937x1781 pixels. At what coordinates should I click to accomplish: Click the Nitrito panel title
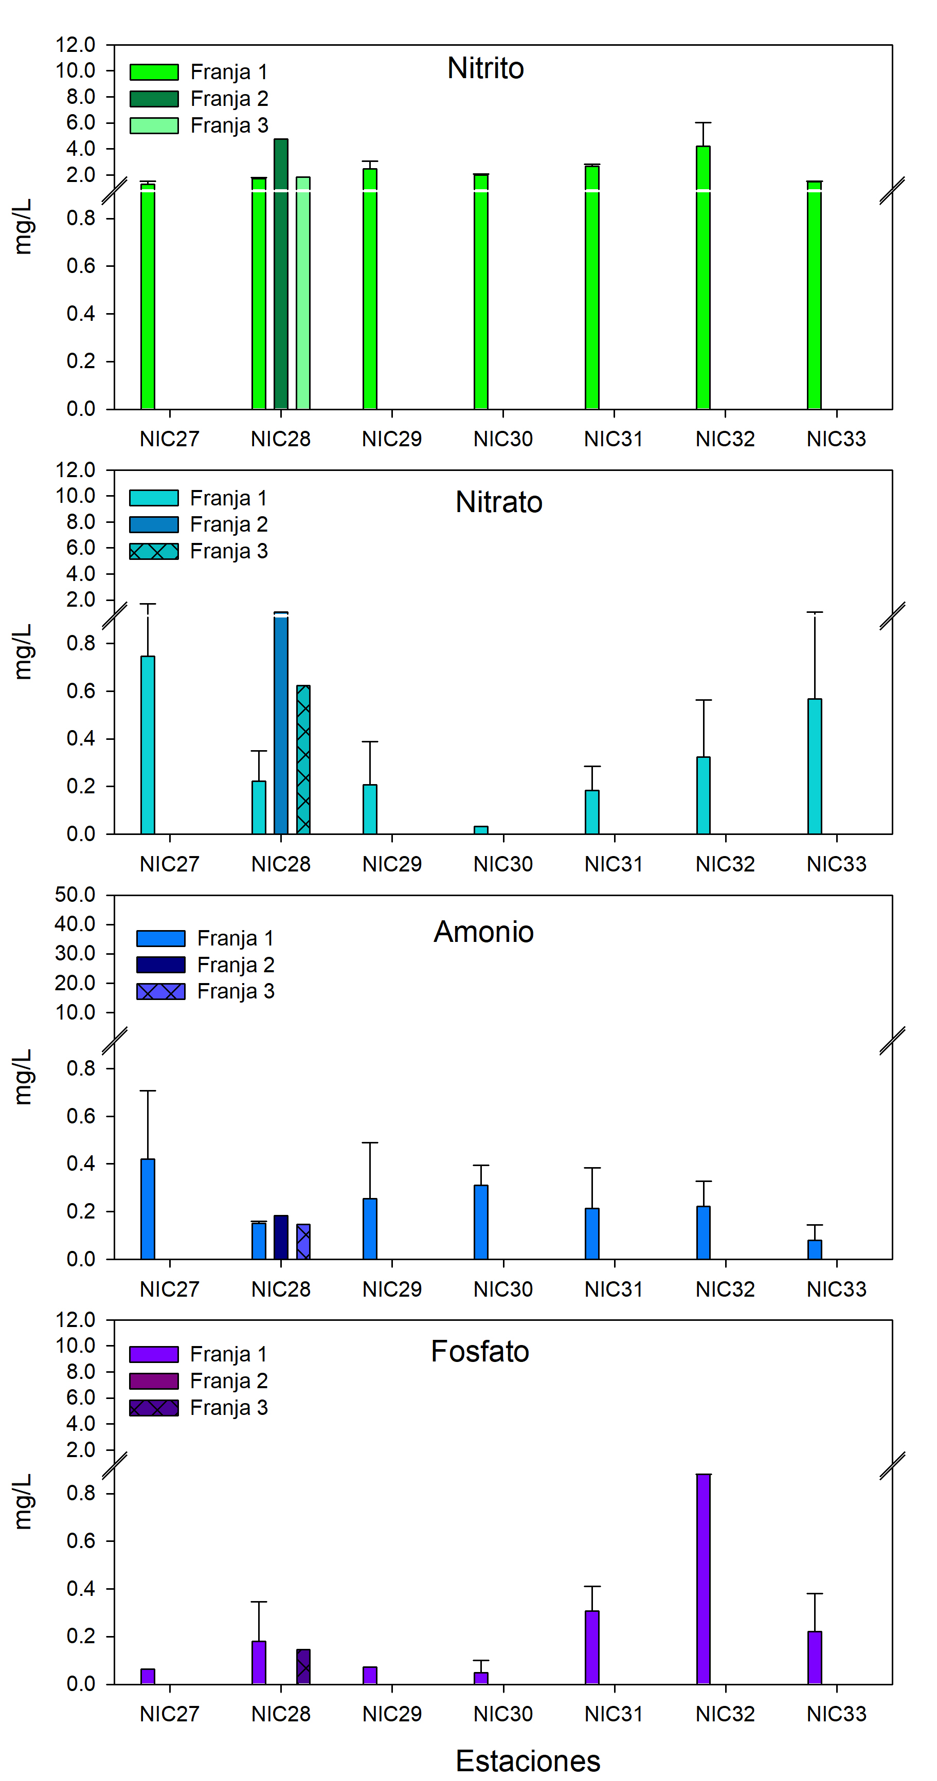pyautogui.click(x=485, y=68)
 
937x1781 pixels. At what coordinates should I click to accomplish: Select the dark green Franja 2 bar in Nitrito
pyautogui.click(x=281, y=277)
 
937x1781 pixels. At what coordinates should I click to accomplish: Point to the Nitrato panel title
pyautogui.click(x=498, y=502)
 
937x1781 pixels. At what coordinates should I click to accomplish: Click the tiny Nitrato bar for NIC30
pyautogui.click(x=481, y=830)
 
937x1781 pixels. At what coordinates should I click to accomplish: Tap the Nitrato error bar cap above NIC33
pyautogui.click(x=815, y=612)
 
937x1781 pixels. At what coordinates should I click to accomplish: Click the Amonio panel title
pyautogui.click(x=483, y=932)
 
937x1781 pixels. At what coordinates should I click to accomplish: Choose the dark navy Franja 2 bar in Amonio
pyautogui.click(x=281, y=1238)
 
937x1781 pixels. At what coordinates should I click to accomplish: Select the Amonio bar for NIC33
pyautogui.click(x=815, y=1249)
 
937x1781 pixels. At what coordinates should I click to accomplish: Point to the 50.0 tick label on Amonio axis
pyautogui.click(x=75, y=895)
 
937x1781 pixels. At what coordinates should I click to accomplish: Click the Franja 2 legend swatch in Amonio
pyautogui.click(x=161, y=965)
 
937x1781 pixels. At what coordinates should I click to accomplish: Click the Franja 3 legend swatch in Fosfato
pyautogui.click(x=154, y=1408)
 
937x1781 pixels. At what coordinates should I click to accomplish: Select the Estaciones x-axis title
pyautogui.click(x=528, y=1761)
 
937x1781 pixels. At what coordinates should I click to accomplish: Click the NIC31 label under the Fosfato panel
pyautogui.click(x=614, y=1714)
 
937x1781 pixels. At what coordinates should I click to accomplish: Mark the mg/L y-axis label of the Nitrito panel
pyautogui.click(x=23, y=227)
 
